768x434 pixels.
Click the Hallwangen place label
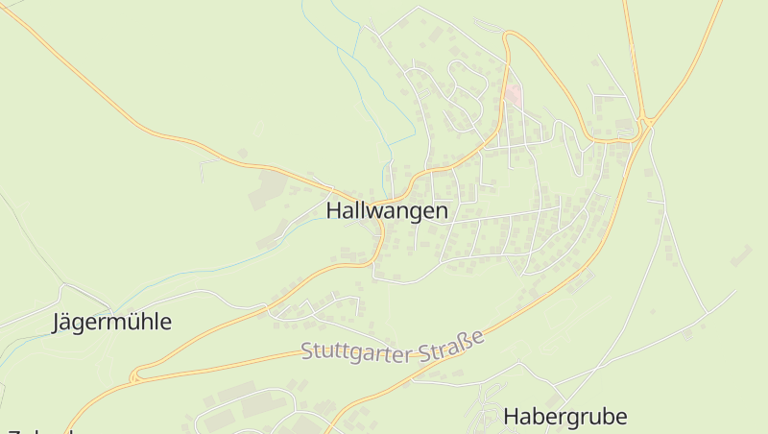[387, 210]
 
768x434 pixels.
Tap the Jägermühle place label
[111, 323]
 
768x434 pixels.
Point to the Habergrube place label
[565, 416]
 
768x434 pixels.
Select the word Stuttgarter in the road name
[357, 350]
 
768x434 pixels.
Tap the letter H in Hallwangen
[334, 210]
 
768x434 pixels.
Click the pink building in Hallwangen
[515, 96]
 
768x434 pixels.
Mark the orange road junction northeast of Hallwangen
[646, 122]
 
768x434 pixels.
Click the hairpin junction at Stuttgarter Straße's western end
[135, 375]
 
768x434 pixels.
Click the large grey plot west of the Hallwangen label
[268, 189]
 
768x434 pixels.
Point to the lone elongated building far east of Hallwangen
[740, 255]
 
